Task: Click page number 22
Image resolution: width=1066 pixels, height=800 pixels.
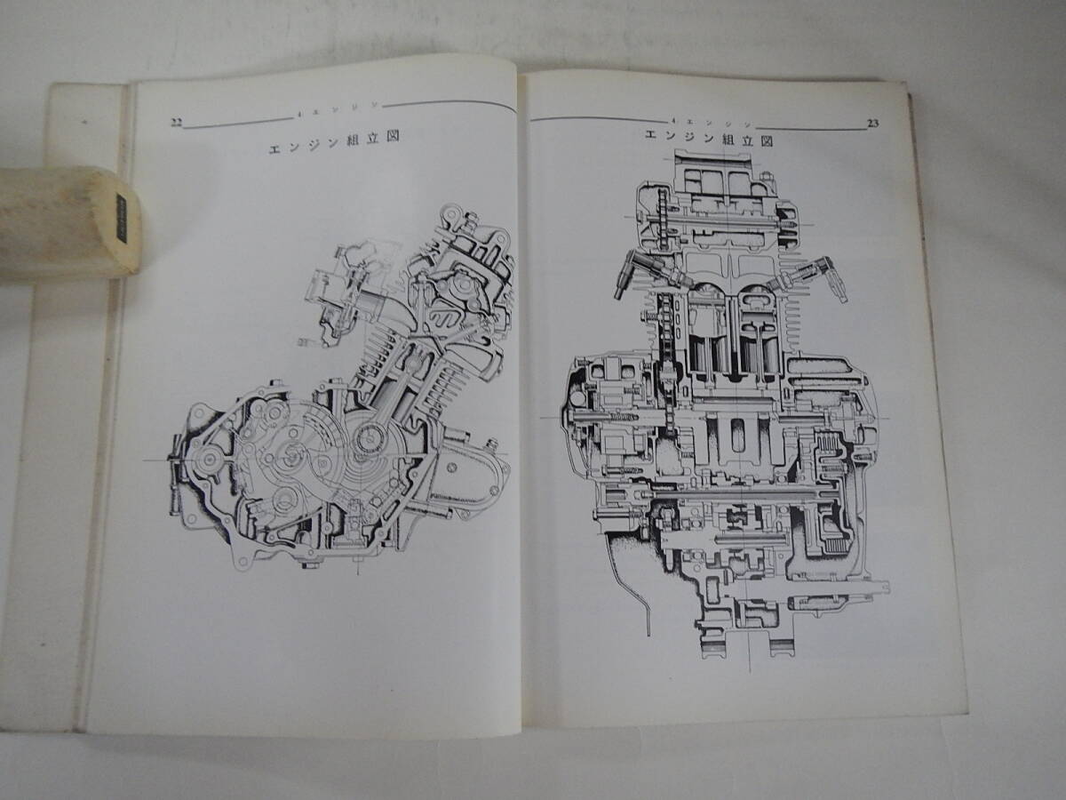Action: (176, 123)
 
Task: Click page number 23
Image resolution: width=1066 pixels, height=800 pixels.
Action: (872, 124)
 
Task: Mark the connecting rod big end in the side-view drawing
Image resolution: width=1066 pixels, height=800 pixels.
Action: (369, 438)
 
